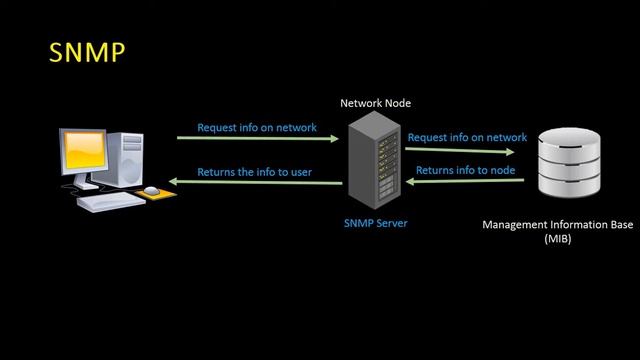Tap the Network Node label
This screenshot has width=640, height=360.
pyautogui.click(x=375, y=103)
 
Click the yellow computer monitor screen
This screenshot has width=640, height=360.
pyautogui.click(x=88, y=151)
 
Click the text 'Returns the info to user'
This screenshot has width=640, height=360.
pyautogui.click(x=254, y=172)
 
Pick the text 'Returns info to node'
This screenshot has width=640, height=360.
pyautogui.click(x=465, y=170)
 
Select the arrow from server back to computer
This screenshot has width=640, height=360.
pyautogui.click(x=254, y=183)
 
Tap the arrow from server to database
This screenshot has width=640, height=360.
pyautogui.click(x=466, y=150)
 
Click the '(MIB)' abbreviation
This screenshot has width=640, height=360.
pyautogui.click(x=558, y=240)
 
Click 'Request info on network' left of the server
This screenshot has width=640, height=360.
pyautogui.click(x=257, y=127)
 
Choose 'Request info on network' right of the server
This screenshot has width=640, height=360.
pyautogui.click(x=467, y=137)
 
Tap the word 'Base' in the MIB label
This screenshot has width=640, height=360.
pyautogui.click(x=620, y=225)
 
